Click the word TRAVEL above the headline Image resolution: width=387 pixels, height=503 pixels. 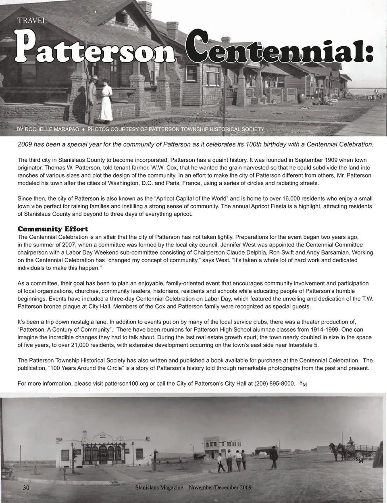click(32, 21)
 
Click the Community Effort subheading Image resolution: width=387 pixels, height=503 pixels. click(53, 230)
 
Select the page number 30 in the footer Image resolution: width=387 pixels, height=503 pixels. click(26, 488)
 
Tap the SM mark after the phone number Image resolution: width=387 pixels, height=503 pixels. click(304, 384)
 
